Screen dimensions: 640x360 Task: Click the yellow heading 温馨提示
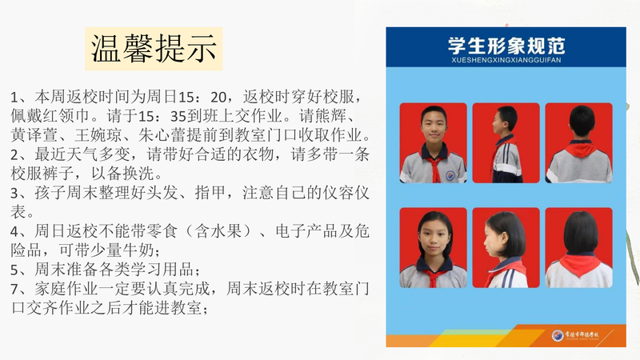(154, 49)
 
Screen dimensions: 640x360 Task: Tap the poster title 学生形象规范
(506, 46)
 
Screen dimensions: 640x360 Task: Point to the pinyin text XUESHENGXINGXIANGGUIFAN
(506, 61)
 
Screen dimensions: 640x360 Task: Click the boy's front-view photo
(433, 143)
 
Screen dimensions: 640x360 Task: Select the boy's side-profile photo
(506, 143)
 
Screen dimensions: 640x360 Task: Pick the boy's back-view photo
(578, 143)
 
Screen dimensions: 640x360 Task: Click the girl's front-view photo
(433, 248)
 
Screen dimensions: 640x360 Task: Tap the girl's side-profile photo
(506, 248)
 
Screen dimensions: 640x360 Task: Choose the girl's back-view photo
(578, 248)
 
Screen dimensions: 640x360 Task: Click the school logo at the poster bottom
(557, 335)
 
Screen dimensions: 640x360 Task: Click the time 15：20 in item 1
(202, 97)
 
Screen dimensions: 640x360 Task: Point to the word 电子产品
(306, 231)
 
